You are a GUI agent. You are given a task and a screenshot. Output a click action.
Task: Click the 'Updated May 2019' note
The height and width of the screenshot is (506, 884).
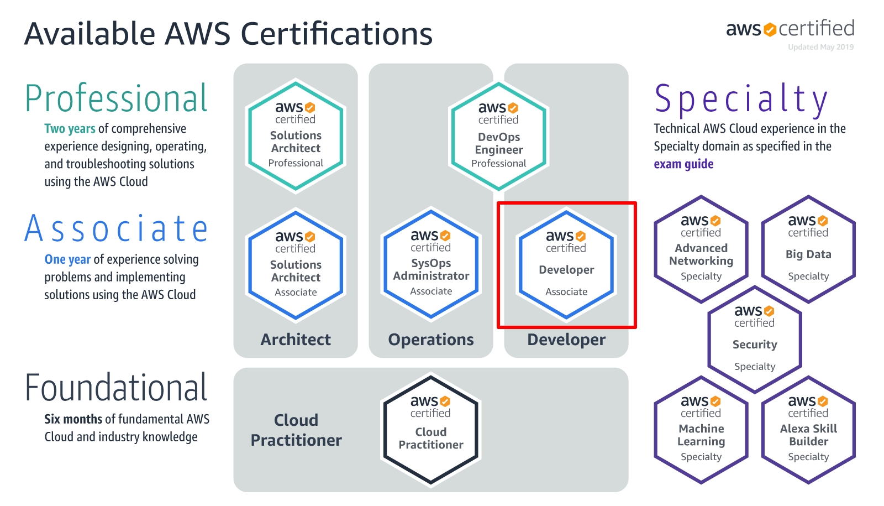click(x=820, y=47)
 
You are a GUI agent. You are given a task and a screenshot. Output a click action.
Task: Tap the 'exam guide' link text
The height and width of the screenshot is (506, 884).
click(x=683, y=164)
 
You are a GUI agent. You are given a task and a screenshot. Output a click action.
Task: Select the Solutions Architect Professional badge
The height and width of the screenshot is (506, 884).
click(x=296, y=136)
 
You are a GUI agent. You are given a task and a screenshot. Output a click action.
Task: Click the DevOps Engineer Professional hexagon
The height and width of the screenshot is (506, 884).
click(x=498, y=137)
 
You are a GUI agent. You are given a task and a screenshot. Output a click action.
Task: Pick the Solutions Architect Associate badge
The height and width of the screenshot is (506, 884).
click(x=296, y=265)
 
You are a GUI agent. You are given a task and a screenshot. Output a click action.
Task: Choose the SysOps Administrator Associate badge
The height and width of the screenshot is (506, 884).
click(x=431, y=264)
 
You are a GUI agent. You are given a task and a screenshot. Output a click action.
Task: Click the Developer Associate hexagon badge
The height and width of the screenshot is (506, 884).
click(x=566, y=265)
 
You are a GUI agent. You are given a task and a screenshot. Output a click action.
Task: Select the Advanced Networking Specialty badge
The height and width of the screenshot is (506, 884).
click(x=701, y=249)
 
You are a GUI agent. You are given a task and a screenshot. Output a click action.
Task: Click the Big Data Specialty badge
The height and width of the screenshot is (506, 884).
click(x=808, y=249)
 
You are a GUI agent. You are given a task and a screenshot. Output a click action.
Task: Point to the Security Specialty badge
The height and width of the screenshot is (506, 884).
click(x=755, y=340)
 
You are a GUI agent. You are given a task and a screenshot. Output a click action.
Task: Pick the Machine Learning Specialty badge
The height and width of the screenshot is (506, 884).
click(x=701, y=430)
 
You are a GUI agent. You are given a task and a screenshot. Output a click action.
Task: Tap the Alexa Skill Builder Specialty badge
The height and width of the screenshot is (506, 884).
click(x=808, y=430)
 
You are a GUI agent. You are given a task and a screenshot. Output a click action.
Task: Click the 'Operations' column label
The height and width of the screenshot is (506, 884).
click(x=431, y=340)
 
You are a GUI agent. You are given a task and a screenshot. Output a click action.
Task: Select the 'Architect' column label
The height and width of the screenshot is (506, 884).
click(x=296, y=340)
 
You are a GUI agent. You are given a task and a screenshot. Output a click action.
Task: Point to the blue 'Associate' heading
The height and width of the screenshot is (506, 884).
click(x=117, y=229)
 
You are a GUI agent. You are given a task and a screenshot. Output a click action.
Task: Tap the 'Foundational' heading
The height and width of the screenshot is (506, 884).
click(x=117, y=388)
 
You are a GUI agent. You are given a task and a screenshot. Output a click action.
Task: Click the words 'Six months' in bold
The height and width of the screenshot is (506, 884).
click(x=73, y=419)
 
